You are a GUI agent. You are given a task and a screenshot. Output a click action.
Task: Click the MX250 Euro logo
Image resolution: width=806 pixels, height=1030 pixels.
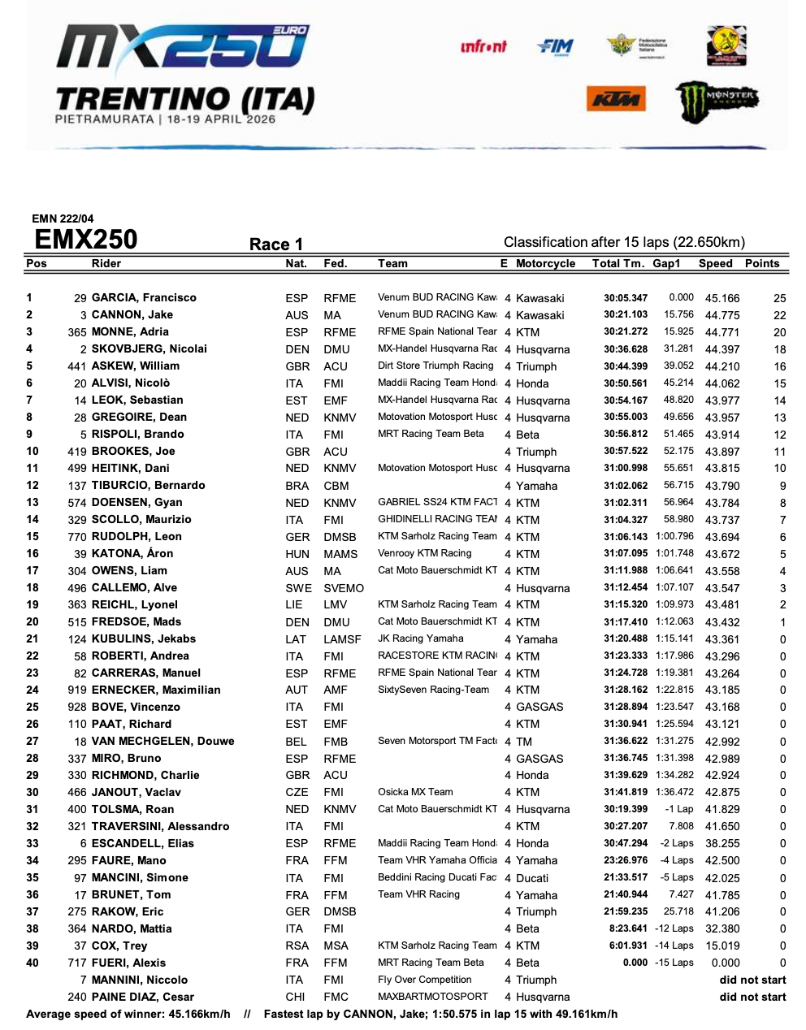[182, 47]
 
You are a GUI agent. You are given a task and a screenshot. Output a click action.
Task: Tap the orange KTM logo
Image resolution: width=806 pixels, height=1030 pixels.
[616, 100]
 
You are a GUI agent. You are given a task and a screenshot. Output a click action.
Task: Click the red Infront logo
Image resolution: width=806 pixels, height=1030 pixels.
[483, 46]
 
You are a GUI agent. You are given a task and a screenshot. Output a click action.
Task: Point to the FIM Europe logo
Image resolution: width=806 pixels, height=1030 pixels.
[555, 47]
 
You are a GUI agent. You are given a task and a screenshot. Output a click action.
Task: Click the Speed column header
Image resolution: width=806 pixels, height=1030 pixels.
[715, 263]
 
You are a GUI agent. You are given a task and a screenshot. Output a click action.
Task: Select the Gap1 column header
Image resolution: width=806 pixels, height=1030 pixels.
[666, 263]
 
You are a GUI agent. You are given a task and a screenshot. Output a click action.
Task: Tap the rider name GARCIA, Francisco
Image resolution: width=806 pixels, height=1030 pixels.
[144, 298]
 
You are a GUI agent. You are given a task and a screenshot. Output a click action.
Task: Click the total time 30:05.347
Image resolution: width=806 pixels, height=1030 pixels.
[626, 298]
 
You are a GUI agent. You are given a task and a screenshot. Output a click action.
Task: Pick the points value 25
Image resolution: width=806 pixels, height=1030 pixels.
[779, 298]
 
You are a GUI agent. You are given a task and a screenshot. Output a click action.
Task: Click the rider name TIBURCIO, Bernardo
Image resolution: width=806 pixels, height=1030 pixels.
[148, 486]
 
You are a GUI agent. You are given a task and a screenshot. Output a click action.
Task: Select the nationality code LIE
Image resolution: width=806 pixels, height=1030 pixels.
[294, 605]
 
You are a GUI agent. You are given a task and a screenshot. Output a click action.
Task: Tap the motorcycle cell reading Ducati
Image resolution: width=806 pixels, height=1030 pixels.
[532, 878]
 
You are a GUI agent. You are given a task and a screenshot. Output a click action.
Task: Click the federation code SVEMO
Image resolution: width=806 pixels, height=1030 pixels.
[344, 588]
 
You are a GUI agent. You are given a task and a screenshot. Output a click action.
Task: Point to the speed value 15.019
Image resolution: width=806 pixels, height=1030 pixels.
[722, 946]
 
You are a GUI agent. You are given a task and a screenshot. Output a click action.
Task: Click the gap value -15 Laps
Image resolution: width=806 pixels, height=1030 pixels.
[674, 963]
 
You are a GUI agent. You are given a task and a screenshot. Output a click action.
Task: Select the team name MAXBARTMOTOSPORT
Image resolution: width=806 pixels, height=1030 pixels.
[433, 997]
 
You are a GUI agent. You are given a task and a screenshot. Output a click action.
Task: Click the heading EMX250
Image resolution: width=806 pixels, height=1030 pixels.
[86, 240]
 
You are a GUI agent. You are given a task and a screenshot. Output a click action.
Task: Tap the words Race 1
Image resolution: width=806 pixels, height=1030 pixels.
[276, 245]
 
